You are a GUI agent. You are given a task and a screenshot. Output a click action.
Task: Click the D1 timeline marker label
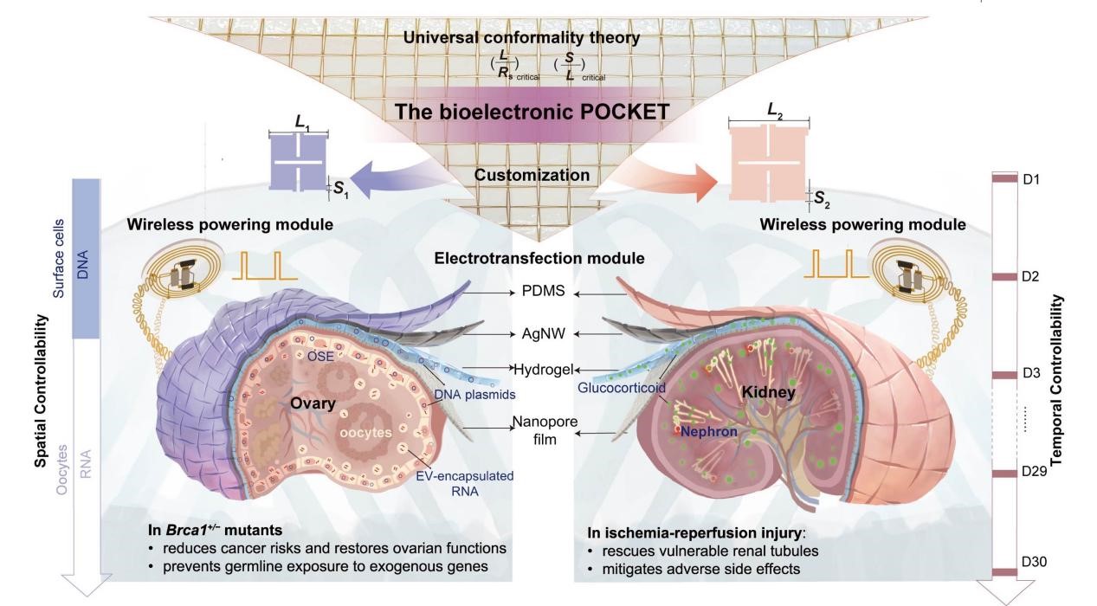pyautogui.click(x=1033, y=179)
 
